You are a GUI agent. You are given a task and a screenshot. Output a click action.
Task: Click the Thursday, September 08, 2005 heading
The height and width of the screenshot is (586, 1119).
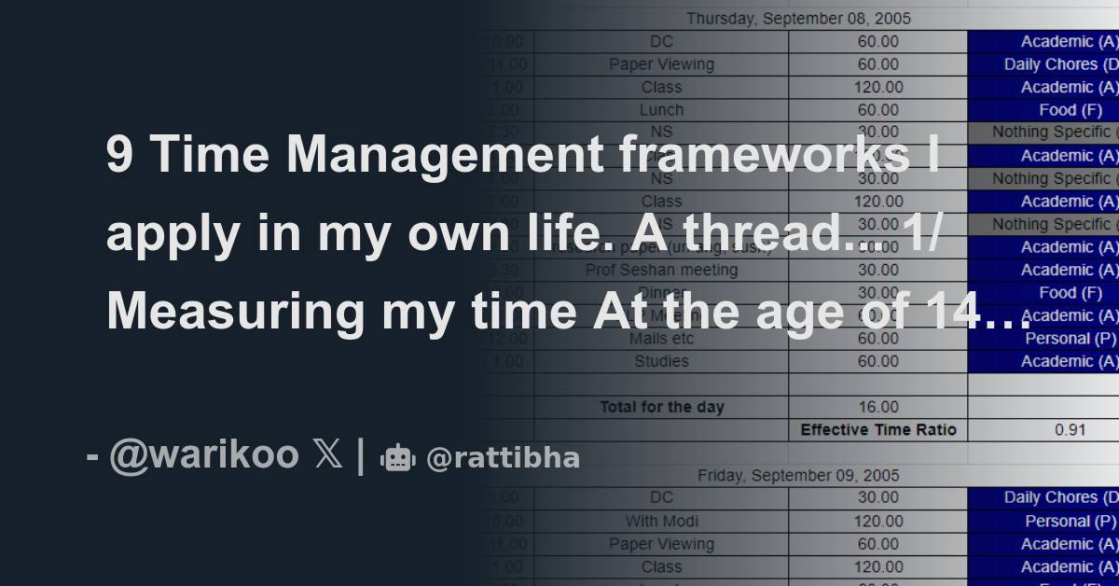coord(798,18)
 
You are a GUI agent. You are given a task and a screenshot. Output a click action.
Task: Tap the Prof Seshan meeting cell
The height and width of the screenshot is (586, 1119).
coord(661,270)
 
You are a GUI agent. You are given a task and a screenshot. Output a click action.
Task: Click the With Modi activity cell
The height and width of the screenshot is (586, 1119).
coord(661,521)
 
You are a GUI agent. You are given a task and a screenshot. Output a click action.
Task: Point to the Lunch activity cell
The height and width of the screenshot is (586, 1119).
coord(661,109)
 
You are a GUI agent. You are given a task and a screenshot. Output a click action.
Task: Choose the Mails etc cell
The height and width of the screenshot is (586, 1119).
coord(661,338)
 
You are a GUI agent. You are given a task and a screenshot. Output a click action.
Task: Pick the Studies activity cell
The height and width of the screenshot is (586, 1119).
coord(661,361)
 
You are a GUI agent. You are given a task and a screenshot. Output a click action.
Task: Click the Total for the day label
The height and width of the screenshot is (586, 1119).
coord(661,407)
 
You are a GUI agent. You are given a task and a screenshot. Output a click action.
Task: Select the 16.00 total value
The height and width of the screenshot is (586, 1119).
coord(877,407)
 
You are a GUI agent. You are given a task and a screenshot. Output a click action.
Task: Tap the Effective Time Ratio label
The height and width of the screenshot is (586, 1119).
coord(877,430)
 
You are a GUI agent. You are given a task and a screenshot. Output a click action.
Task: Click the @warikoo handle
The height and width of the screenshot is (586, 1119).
coord(203,455)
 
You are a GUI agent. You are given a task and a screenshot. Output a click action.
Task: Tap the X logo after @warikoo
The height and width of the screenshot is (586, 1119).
coord(329,455)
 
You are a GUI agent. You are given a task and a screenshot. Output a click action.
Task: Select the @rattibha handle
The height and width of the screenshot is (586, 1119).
coord(503,458)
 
